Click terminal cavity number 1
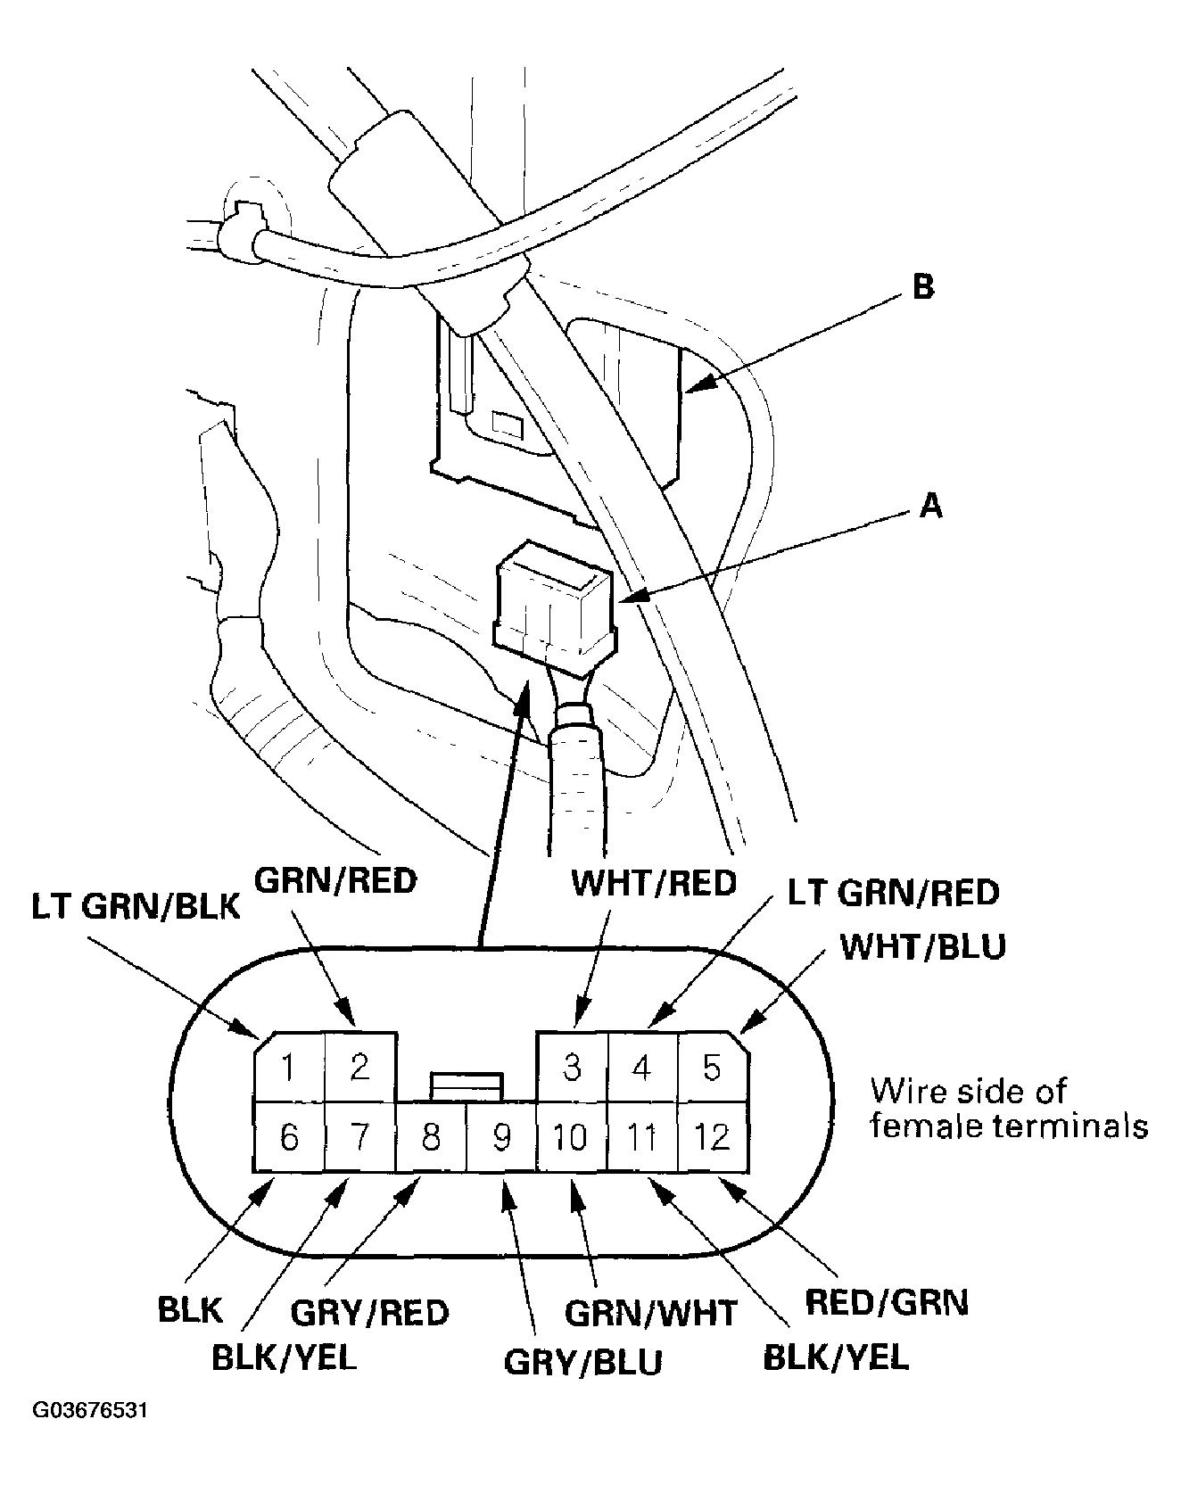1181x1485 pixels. click(288, 1067)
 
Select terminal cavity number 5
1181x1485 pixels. click(712, 1067)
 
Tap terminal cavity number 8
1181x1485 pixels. click(431, 1137)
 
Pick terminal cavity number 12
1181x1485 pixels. click(712, 1137)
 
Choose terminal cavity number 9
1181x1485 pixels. click(501, 1137)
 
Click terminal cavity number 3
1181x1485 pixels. click(572, 1067)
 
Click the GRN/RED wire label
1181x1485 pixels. click(336, 880)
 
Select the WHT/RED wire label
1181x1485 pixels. click(654, 882)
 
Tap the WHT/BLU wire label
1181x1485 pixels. click(924, 946)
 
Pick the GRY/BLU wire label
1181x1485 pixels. click(583, 1362)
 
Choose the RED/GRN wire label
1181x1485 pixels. click(887, 1303)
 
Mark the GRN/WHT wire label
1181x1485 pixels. click(651, 1312)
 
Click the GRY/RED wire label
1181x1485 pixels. click(370, 1312)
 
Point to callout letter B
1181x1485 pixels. click(923, 287)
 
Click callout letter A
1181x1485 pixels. click(930, 506)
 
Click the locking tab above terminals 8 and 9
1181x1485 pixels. click(467, 1085)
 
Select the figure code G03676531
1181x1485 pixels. click(89, 1437)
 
